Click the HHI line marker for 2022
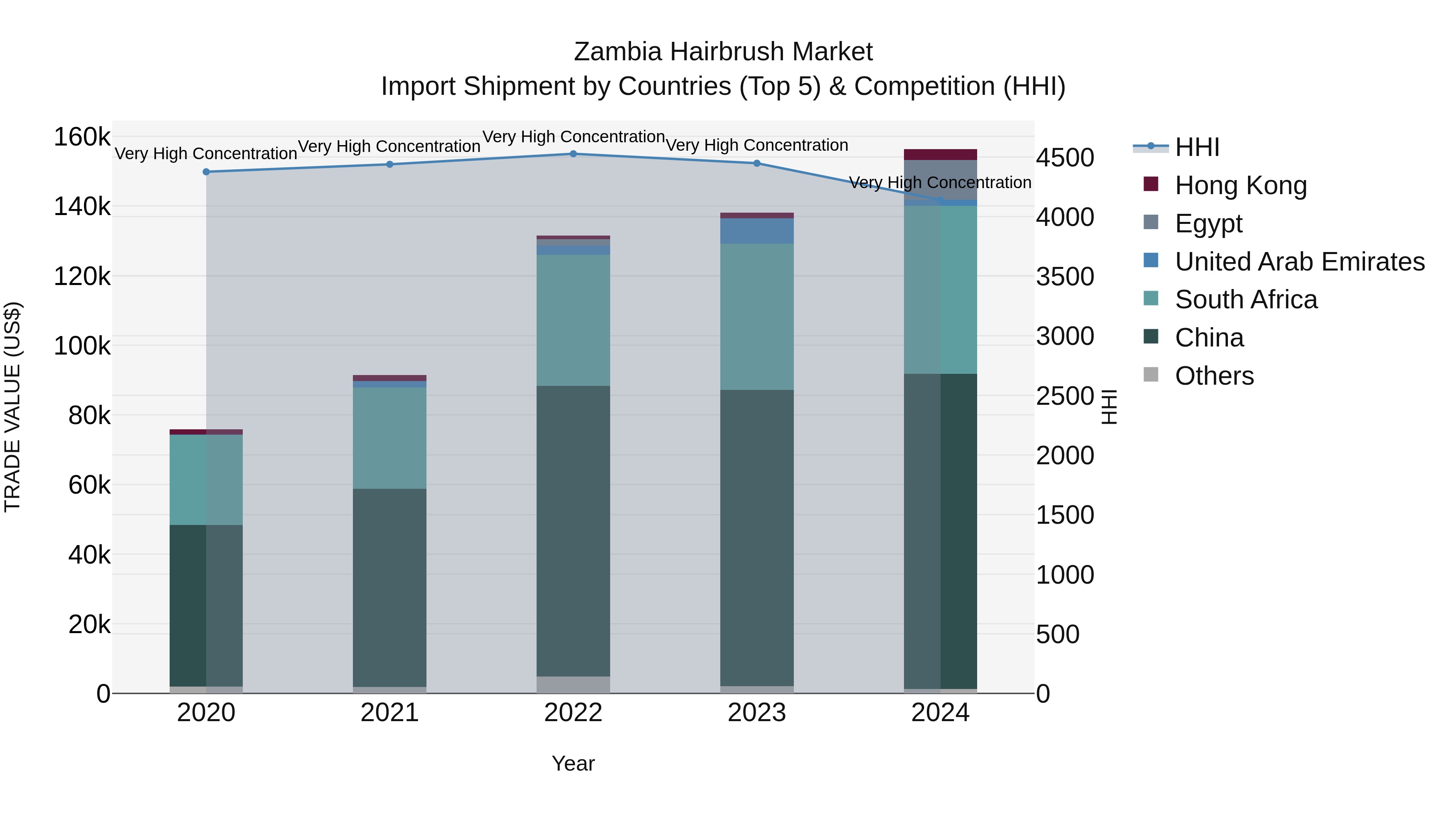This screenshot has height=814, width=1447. [x=573, y=154]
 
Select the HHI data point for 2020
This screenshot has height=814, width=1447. [x=206, y=172]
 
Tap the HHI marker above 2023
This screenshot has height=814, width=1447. [x=756, y=164]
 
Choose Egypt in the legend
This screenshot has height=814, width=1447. [x=1208, y=223]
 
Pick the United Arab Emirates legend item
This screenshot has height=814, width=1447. [x=1299, y=262]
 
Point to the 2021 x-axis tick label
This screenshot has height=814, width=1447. [x=389, y=713]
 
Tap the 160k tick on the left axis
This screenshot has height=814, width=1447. [x=82, y=137]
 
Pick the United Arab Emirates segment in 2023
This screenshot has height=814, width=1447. [x=756, y=230]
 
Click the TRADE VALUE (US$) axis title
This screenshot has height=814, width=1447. [x=13, y=407]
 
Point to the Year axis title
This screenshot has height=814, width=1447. [x=573, y=763]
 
